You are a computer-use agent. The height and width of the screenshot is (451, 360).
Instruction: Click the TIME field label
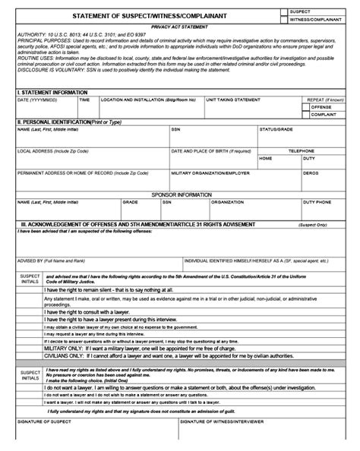84,99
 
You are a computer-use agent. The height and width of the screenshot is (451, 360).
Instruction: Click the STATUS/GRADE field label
276,129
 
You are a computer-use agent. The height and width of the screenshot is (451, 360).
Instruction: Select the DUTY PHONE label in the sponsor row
317,203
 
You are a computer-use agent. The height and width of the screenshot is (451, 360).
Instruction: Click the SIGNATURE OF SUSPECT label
41,441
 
